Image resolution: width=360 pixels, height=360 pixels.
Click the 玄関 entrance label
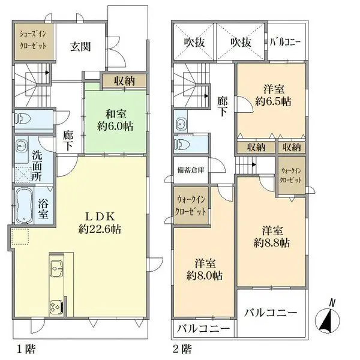(x=80, y=47)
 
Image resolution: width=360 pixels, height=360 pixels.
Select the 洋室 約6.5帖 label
(x=273, y=95)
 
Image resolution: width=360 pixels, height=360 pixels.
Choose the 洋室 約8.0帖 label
(x=205, y=269)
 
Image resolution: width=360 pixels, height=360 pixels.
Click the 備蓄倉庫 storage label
(x=191, y=170)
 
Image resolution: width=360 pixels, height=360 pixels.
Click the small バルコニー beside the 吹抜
(x=286, y=42)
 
